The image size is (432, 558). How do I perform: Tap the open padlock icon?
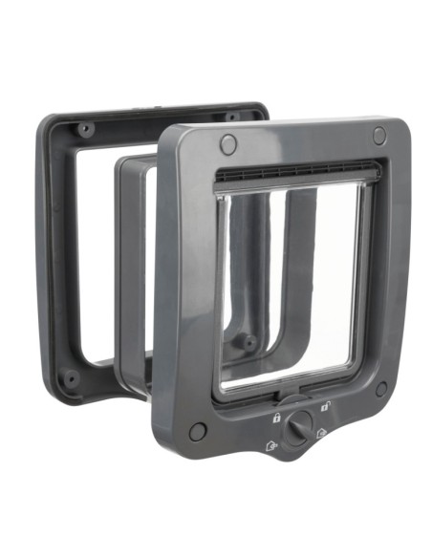(x=327, y=405)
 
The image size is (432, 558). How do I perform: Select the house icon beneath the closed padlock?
(x=271, y=444)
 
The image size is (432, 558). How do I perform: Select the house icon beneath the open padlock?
(x=322, y=432)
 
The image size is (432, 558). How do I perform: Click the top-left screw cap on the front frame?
(x=227, y=144)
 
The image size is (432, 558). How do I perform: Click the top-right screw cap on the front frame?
(x=379, y=137)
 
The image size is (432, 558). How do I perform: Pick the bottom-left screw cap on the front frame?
(x=198, y=432)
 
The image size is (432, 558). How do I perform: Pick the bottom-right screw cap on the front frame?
(x=381, y=390)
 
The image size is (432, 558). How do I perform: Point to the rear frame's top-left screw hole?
(x=84, y=128)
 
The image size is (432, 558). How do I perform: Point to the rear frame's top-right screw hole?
(x=232, y=116)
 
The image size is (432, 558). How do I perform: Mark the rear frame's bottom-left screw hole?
(x=70, y=378)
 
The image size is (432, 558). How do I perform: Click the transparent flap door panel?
(x=287, y=287)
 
